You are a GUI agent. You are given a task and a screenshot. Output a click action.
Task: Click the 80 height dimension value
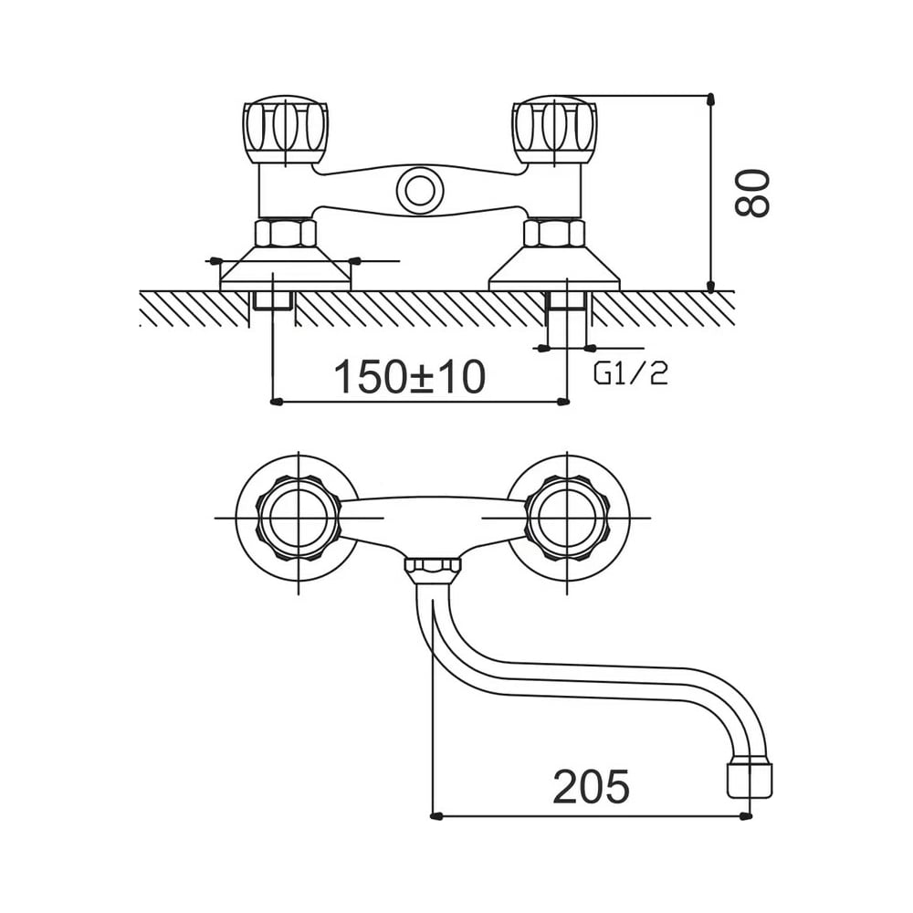click(751, 194)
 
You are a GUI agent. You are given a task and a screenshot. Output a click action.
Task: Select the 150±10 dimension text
click(409, 377)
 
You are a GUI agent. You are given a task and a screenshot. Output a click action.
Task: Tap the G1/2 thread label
click(631, 373)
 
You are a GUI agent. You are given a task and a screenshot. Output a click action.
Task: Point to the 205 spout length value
click(591, 787)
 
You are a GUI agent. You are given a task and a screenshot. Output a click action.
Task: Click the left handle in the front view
click(284, 131)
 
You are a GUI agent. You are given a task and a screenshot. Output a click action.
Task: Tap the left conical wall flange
click(285, 268)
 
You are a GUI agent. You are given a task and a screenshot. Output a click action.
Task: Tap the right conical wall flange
click(554, 268)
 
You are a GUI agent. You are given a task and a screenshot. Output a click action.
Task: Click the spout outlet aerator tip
click(750, 778)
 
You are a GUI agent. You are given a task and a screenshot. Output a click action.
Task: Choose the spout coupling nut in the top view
click(432, 571)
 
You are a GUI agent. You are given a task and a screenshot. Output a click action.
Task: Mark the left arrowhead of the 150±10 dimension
click(278, 401)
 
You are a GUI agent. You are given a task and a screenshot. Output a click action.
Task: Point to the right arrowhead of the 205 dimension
click(745, 816)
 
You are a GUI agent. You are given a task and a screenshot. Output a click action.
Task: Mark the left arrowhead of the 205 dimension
click(437, 816)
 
